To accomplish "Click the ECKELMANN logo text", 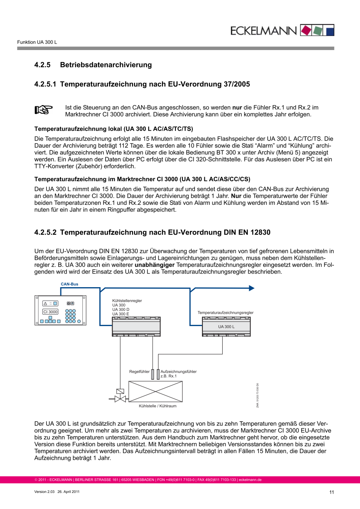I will click(263, 31).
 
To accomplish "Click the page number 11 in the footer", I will click(331, 492).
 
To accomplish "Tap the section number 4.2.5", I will click(42, 65).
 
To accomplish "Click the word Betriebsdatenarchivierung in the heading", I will click(106, 65).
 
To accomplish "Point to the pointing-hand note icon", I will click(43, 110).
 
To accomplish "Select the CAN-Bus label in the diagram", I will click(70, 284).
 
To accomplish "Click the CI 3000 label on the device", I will click(50, 312).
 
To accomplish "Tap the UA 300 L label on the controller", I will click(226, 327).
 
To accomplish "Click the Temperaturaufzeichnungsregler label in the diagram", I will click(226, 312).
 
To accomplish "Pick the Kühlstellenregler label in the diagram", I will click(127, 300).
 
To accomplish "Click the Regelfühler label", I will click(139, 372).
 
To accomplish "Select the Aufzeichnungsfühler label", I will click(178, 372).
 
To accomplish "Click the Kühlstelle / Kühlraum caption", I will click(158, 406).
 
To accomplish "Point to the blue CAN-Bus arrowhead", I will click(251, 288).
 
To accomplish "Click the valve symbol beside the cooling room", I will click(120, 399).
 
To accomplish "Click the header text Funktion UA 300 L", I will click(37, 43).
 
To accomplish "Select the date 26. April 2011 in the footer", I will click(69, 492).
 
